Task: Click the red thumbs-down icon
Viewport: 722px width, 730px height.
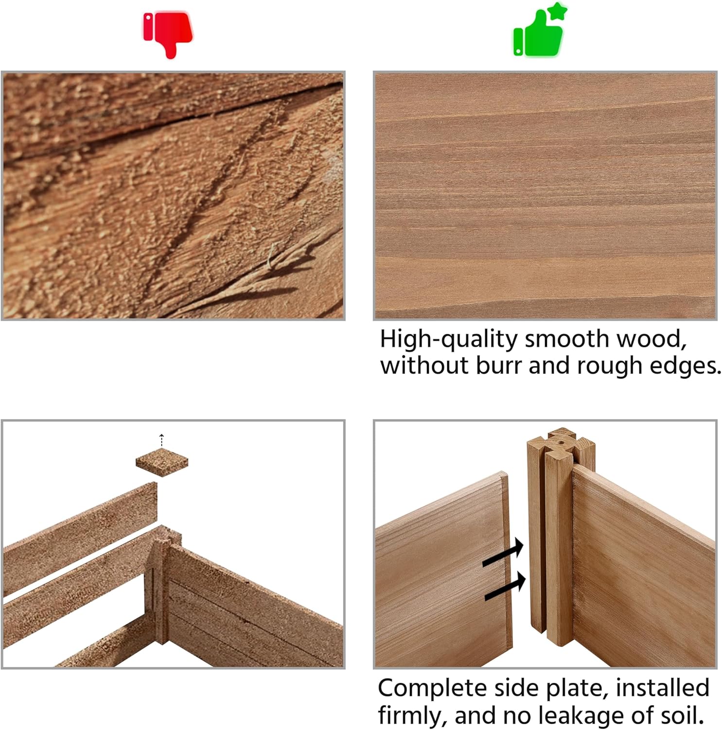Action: (168, 34)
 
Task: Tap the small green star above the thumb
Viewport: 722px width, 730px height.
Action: (557, 11)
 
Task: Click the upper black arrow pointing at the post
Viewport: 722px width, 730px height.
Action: (503, 553)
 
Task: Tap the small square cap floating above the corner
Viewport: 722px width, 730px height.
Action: (162, 461)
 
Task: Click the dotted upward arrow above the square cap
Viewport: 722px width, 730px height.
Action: (162, 440)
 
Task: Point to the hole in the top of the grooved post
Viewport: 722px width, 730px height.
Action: (561, 443)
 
